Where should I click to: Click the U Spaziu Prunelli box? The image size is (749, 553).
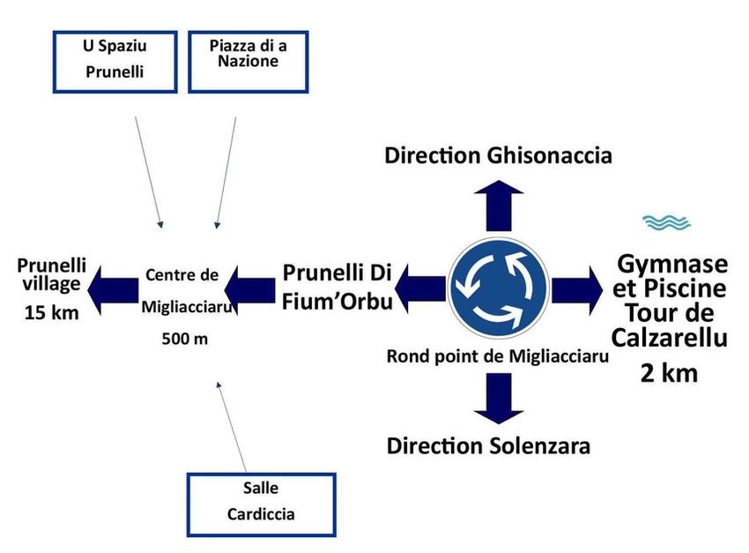[x=115, y=62]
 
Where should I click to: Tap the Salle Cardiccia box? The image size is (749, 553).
[x=261, y=504]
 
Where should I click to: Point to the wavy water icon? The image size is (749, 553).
[x=666, y=222]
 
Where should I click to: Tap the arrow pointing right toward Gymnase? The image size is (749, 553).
[x=576, y=288]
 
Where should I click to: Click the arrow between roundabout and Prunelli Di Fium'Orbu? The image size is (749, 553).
[x=421, y=288]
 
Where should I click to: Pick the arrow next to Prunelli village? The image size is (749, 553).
[x=119, y=288]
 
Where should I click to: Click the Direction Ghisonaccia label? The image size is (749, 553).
[x=499, y=156]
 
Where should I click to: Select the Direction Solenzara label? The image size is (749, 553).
[x=488, y=445]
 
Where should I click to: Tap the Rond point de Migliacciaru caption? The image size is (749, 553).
[x=498, y=356]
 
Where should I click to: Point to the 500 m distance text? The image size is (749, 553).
[x=185, y=340]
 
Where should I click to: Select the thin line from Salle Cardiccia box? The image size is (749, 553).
[x=232, y=428]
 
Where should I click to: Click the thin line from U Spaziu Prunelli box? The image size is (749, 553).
[x=147, y=172]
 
